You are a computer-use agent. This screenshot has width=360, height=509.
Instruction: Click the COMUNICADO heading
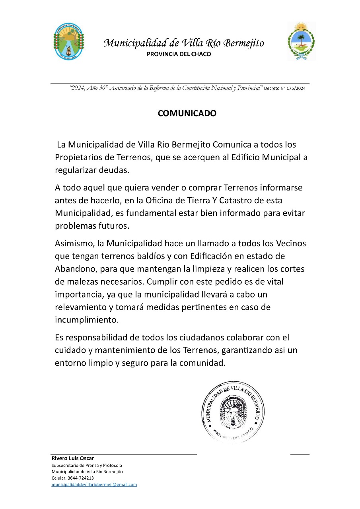click(187, 113)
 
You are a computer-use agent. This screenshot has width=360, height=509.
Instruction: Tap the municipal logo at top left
click(68, 41)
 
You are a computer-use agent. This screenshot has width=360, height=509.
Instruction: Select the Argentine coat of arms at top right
click(301, 41)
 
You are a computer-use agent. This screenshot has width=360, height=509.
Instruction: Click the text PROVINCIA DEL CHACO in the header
click(179, 54)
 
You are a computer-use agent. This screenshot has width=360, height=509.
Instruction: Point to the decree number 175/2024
click(293, 89)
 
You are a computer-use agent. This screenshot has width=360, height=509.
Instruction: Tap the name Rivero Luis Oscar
click(73, 458)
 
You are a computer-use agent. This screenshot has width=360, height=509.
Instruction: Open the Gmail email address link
click(94, 485)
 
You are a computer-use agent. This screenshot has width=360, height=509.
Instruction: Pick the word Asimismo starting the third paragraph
click(73, 243)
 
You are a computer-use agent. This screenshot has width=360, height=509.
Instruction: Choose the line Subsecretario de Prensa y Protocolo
click(87, 465)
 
